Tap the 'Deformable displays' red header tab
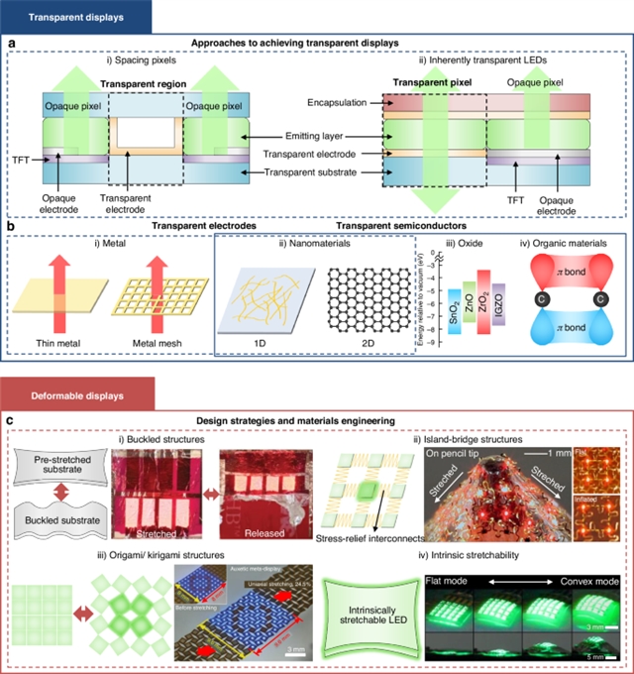click(63, 395)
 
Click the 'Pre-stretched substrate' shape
click(65, 466)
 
